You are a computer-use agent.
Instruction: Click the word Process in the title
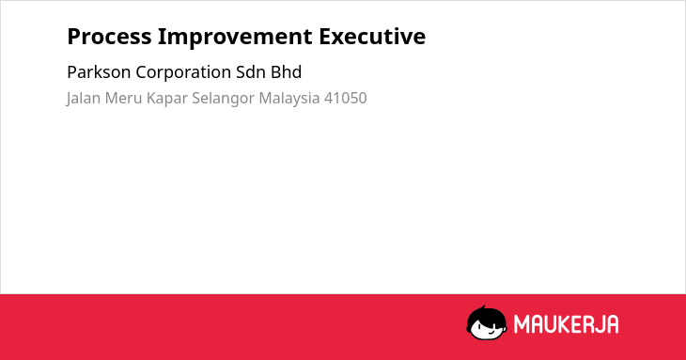(x=109, y=37)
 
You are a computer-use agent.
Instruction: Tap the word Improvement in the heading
(x=235, y=38)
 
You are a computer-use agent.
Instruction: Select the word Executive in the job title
(x=372, y=37)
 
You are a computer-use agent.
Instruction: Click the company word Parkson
(x=99, y=72)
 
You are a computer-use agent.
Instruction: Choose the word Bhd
(x=286, y=72)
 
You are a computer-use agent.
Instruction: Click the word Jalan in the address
(x=83, y=99)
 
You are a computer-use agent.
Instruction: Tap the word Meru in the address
(x=123, y=98)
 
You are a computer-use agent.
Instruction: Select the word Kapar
(x=166, y=99)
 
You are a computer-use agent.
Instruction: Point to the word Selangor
(x=223, y=99)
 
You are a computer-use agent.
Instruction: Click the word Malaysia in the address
(x=289, y=99)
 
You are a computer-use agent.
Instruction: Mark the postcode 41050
(x=345, y=98)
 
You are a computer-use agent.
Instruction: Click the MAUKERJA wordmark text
(x=566, y=324)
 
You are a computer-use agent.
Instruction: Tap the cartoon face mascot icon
(x=487, y=322)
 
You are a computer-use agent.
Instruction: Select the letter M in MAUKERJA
(x=522, y=324)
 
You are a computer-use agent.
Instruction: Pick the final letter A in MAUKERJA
(x=613, y=324)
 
